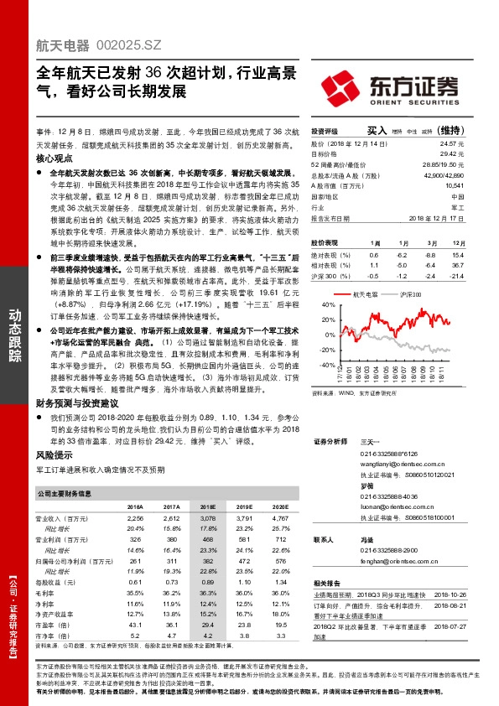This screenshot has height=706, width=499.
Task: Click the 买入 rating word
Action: click(x=378, y=132)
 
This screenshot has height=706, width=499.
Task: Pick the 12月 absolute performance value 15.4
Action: click(x=457, y=254)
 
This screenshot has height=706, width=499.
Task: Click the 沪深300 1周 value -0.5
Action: click(x=374, y=274)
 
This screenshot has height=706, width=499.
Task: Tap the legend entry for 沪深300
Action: click(x=411, y=295)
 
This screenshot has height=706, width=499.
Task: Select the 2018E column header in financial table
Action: click(x=206, y=507)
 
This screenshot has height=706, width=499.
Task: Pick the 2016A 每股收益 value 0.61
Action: click(x=135, y=581)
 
